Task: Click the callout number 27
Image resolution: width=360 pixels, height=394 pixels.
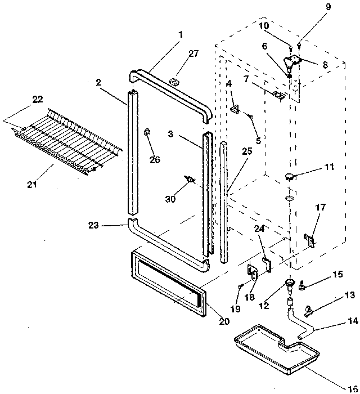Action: (193, 53)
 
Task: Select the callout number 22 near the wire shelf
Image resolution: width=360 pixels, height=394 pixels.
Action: (37, 99)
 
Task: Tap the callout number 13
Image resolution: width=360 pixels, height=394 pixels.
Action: (349, 295)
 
